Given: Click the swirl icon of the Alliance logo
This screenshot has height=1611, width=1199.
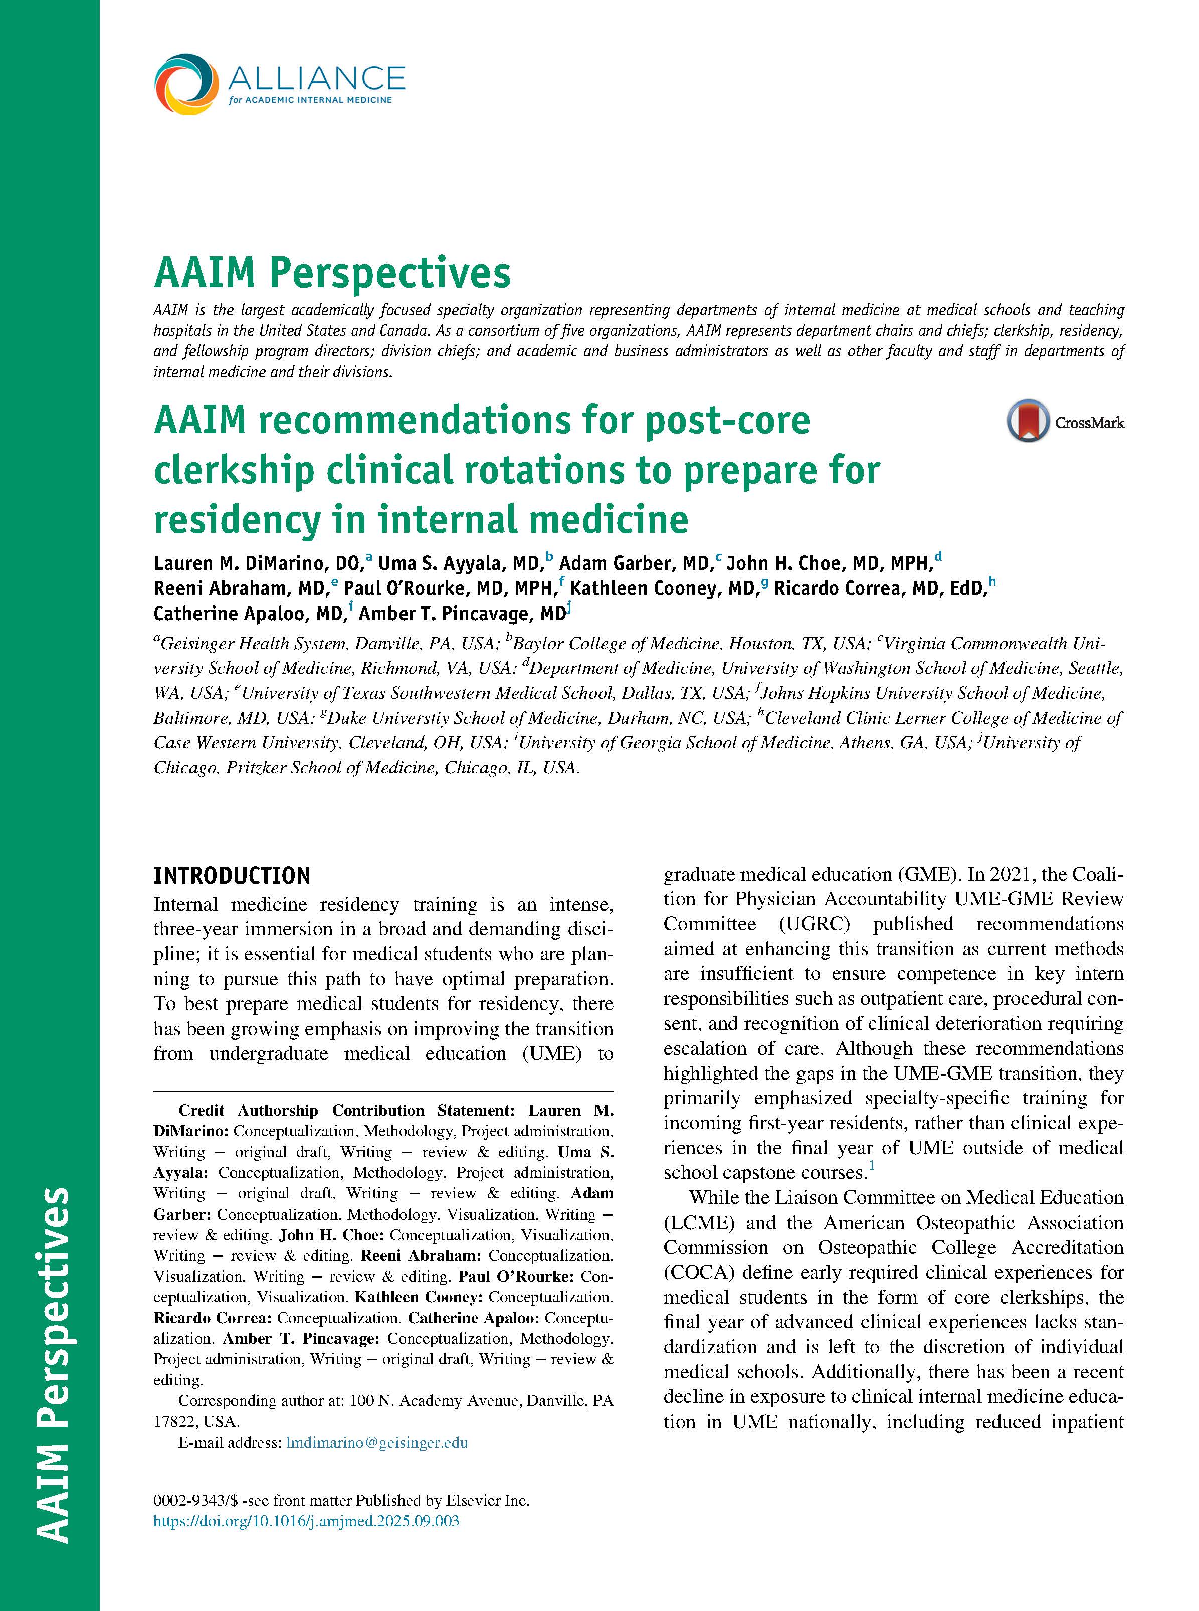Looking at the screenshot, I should pyautogui.click(x=186, y=84).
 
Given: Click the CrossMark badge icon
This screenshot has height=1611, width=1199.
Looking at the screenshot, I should pyautogui.click(x=1028, y=421).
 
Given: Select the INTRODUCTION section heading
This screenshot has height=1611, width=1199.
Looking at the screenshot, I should pyautogui.click(x=232, y=876).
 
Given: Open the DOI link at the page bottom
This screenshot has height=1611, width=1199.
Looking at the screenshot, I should pyautogui.click(x=306, y=1521).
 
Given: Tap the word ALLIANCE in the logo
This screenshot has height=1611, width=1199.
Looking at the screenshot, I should pyautogui.click(x=316, y=78).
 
